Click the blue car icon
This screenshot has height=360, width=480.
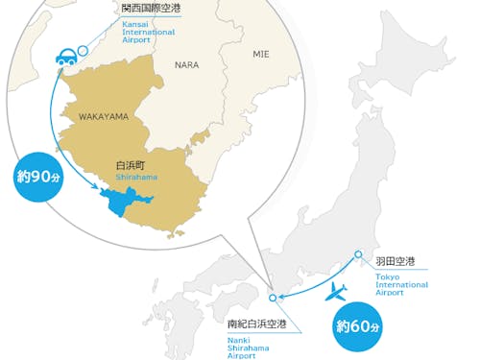[x=67, y=58]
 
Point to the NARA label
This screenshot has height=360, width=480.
[x=186, y=65]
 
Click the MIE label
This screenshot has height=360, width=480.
[x=262, y=55]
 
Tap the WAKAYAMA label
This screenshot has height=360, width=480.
[x=103, y=116]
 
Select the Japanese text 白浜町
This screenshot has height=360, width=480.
[x=130, y=165]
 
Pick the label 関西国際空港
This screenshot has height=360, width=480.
[x=151, y=9]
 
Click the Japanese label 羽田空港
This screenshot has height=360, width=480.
[x=395, y=261]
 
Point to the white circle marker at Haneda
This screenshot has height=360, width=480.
[x=358, y=254]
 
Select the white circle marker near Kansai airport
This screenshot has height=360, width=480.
[x=84, y=50]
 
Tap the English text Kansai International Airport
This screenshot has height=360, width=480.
[x=148, y=32]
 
